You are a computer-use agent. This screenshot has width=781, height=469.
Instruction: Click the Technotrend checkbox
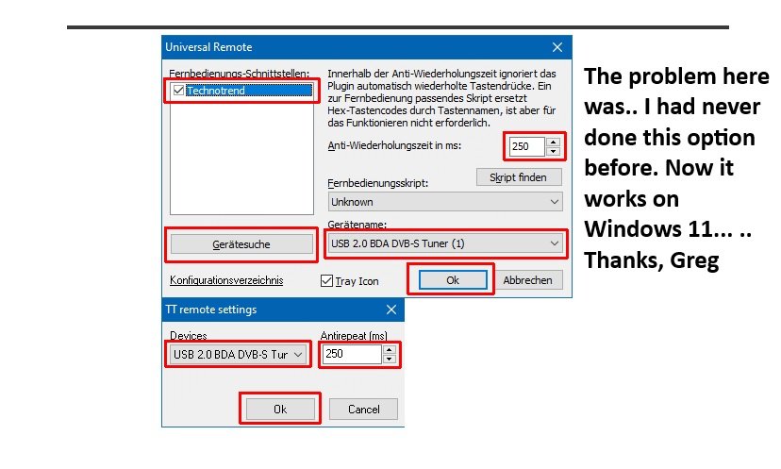point(178,91)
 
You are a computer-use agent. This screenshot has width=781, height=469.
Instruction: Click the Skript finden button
point(519,177)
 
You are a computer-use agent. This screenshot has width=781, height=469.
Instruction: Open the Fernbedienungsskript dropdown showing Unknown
point(445,202)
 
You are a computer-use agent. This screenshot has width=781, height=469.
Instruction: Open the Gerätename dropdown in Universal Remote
point(445,243)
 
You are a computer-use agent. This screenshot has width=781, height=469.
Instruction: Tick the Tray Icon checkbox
point(326,280)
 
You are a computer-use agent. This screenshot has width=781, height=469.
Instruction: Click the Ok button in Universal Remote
point(453,280)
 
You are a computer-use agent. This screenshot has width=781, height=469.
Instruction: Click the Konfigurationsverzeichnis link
point(226,280)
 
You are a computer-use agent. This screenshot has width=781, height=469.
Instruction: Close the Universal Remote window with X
point(557,47)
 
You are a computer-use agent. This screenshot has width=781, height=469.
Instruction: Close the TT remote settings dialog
point(391,310)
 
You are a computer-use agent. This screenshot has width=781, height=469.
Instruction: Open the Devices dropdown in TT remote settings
point(238,355)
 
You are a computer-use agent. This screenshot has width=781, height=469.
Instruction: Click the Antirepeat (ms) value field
point(352,354)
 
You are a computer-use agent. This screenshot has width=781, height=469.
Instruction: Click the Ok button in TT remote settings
point(280,410)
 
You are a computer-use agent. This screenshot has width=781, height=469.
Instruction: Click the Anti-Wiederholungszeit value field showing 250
point(526,146)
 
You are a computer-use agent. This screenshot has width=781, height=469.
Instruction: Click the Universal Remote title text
point(208,47)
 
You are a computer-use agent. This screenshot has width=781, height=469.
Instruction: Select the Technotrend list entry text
point(216,91)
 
